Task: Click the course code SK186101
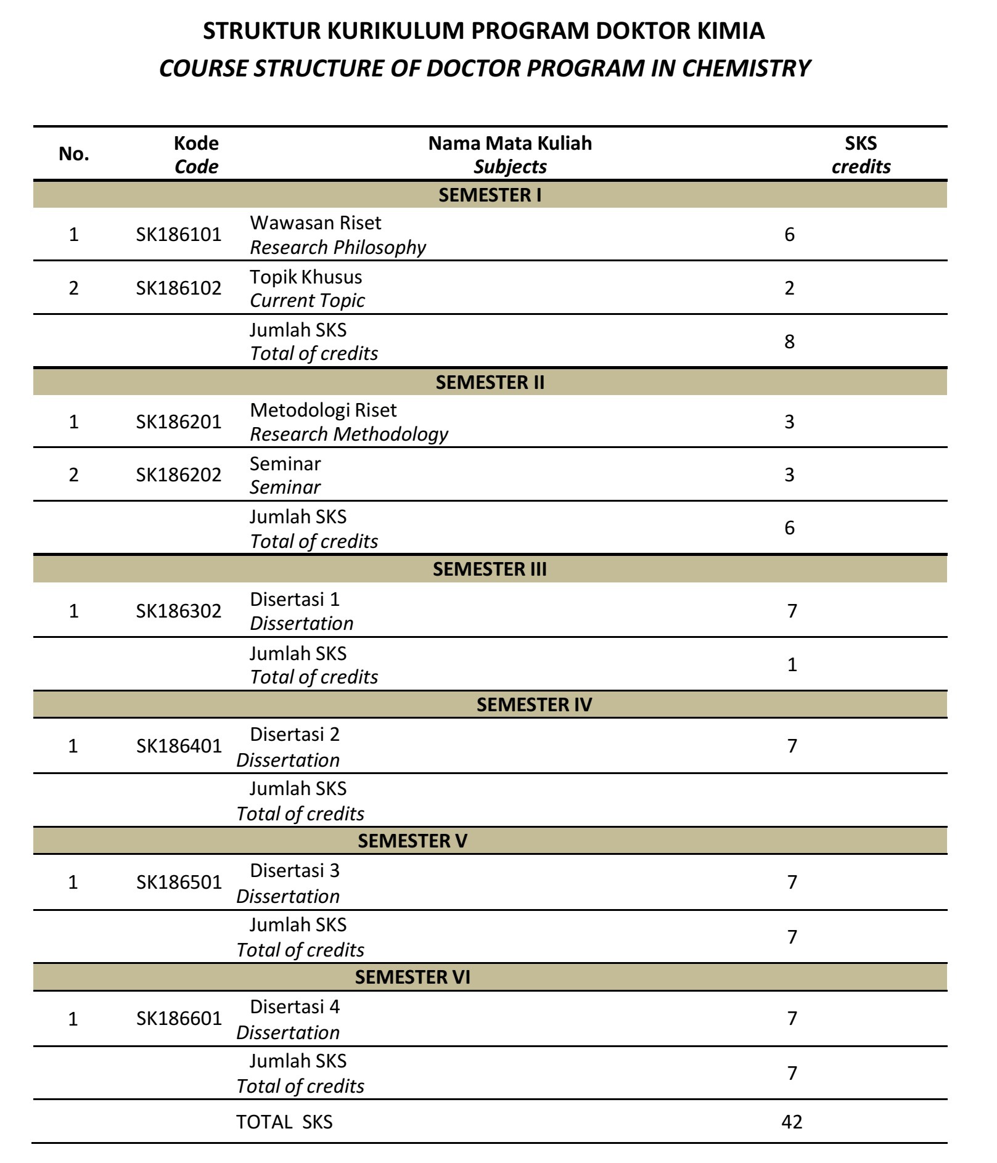tap(178, 235)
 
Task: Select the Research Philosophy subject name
tap(337, 247)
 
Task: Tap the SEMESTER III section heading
tap(490, 569)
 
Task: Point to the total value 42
tap(792, 1122)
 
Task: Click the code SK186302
tap(178, 611)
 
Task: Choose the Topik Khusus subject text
tap(306, 277)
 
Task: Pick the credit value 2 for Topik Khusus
tap(789, 288)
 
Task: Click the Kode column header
tap(196, 155)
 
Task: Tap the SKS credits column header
tap(861, 155)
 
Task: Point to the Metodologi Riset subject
tap(323, 410)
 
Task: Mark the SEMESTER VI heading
tap(412, 977)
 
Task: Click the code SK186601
tap(178, 1018)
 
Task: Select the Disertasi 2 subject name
tap(295, 734)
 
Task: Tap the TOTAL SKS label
tap(284, 1122)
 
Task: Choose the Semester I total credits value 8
tap(789, 341)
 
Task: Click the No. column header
tap(74, 154)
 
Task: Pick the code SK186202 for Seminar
tap(178, 475)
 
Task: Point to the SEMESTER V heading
tap(412, 841)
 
